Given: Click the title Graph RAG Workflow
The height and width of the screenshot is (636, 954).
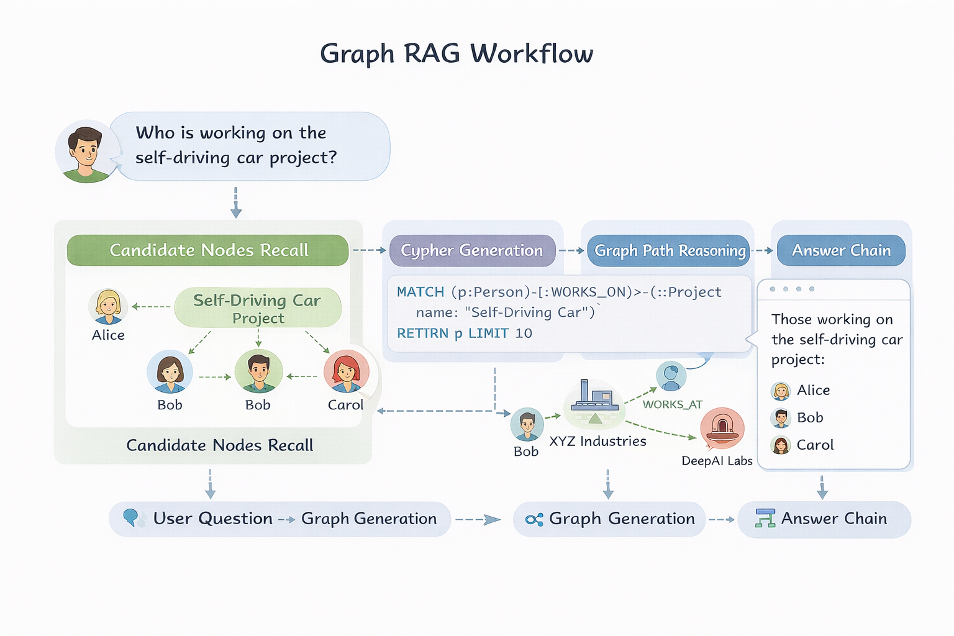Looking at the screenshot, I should point(457,53).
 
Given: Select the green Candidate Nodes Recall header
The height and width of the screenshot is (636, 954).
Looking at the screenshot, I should point(208,250).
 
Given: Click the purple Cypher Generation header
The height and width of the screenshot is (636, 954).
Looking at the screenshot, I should point(472,250).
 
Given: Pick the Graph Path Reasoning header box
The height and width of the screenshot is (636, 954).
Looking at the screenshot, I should point(669,250).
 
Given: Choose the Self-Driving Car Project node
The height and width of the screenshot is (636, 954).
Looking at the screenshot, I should point(258,308).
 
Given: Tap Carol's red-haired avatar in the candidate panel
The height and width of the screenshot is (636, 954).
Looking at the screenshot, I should point(346,371).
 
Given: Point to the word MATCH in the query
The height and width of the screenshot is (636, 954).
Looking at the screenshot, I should point(420,292).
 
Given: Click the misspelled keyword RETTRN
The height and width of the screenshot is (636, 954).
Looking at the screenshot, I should point(422,334).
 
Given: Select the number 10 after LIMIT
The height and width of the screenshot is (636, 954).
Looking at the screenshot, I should point(524,334).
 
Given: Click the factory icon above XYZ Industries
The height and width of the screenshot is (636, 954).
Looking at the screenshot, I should point(594,397).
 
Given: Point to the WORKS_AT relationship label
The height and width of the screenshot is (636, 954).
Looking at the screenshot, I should point(672,404).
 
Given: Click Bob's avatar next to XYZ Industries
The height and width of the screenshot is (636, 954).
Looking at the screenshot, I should point(527,425).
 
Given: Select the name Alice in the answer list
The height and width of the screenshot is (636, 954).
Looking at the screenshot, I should point(813,390).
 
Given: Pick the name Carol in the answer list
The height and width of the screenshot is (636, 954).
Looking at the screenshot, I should point(815,445).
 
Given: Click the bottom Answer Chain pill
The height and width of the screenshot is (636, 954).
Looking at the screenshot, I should point(824,519).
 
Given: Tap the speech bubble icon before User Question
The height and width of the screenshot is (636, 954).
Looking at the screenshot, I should point(132,517).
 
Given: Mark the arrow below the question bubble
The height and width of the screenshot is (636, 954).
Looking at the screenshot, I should point(236,202).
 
